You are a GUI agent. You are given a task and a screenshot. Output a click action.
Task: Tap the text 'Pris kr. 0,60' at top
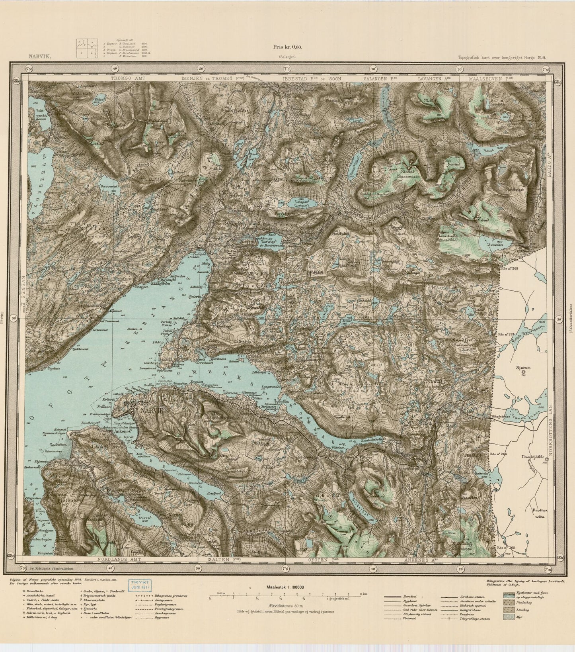(288, 46)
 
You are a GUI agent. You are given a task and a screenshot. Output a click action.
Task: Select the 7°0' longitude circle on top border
(286, 69)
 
